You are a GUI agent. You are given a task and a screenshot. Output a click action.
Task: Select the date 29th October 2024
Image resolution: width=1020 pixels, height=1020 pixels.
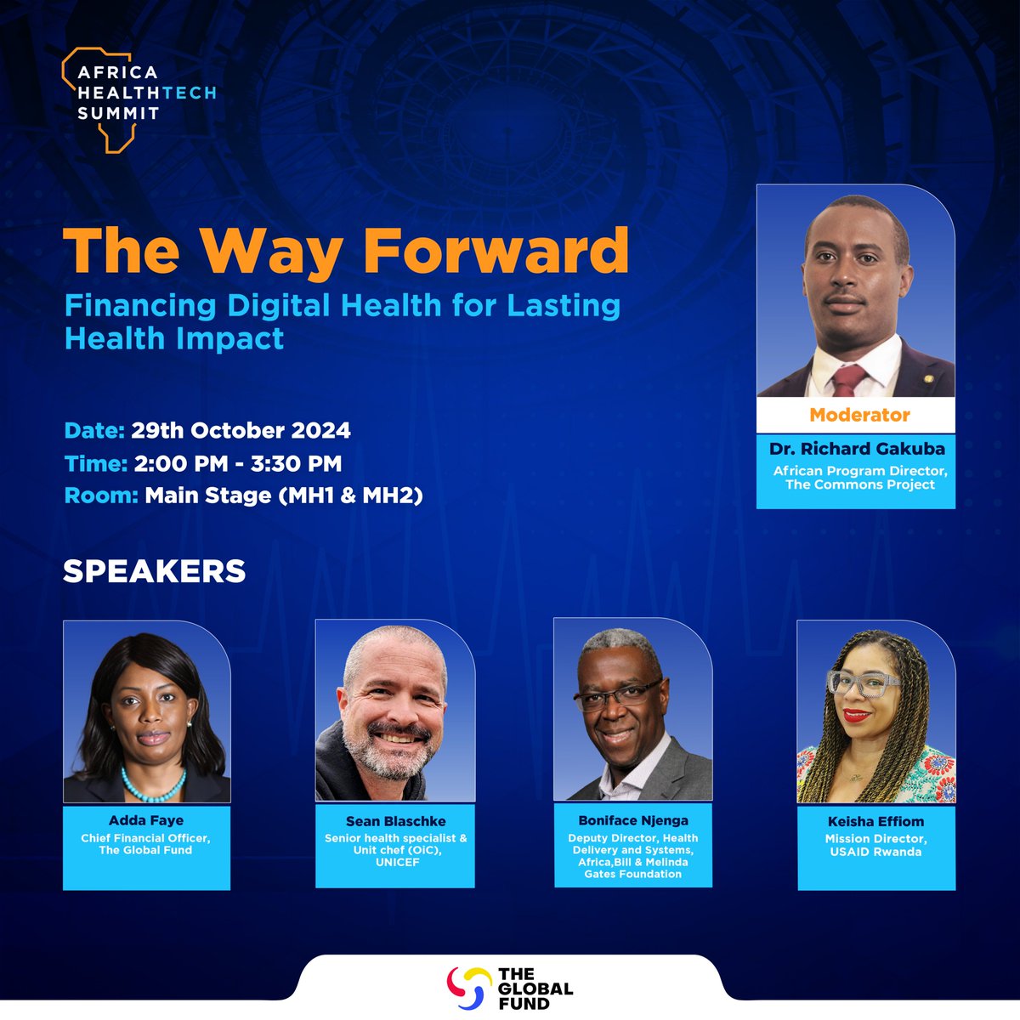coord(241,430)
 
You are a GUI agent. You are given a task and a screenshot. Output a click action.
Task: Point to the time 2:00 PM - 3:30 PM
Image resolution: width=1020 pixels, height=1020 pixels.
coord(235,463)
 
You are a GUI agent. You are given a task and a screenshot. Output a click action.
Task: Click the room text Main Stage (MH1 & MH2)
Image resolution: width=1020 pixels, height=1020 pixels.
coord(283,495)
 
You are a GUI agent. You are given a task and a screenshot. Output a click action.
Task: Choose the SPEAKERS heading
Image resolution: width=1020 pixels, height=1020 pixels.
coord(154,571)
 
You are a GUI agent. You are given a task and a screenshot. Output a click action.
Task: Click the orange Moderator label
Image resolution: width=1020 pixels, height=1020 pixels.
coord(859,415)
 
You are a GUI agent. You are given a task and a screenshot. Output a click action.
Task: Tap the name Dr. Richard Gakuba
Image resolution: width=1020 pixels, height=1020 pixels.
coord(857,448)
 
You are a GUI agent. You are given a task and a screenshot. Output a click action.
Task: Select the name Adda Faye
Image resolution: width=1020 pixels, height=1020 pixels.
coord(145,820)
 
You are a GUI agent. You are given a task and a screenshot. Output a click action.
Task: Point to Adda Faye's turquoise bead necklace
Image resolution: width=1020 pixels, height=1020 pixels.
coord(154,787)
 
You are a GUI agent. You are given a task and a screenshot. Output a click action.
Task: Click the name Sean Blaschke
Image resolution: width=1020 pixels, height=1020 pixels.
coord(395,821)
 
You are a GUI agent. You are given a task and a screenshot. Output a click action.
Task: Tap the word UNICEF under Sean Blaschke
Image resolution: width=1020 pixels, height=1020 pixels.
coord(396,862)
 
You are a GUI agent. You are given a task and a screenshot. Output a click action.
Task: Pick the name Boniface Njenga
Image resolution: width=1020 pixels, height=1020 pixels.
coord(633,820)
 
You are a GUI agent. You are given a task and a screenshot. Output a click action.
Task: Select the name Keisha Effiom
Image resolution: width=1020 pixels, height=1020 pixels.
coord(875,821)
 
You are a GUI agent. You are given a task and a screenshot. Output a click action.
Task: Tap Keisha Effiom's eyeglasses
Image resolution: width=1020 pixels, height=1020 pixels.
coord(862,683)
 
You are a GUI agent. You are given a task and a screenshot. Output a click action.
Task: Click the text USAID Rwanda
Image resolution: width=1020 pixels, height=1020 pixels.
coord(875,851)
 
